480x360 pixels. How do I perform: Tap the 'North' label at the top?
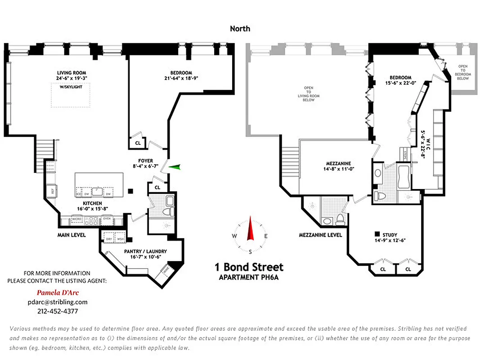point(240,29)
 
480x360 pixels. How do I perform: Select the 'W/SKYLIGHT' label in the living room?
point(71,87)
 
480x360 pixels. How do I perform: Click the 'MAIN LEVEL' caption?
point(72,235)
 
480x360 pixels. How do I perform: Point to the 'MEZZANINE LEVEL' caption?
point(320,235)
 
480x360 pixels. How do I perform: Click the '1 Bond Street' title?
point(249,267)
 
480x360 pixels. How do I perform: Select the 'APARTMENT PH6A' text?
point(249,277)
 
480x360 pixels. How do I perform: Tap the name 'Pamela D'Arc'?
point(58,292)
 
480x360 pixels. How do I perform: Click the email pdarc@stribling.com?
point(58,302)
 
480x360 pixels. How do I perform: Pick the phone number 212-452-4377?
point(58,311)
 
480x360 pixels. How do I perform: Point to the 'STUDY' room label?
point(390,235)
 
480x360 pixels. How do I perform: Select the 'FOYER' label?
point(145,161)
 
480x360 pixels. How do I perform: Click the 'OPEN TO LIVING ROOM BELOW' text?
point(309,94)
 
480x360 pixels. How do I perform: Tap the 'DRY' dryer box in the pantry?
point(108,239)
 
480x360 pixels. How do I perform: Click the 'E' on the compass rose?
point(266,236)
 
